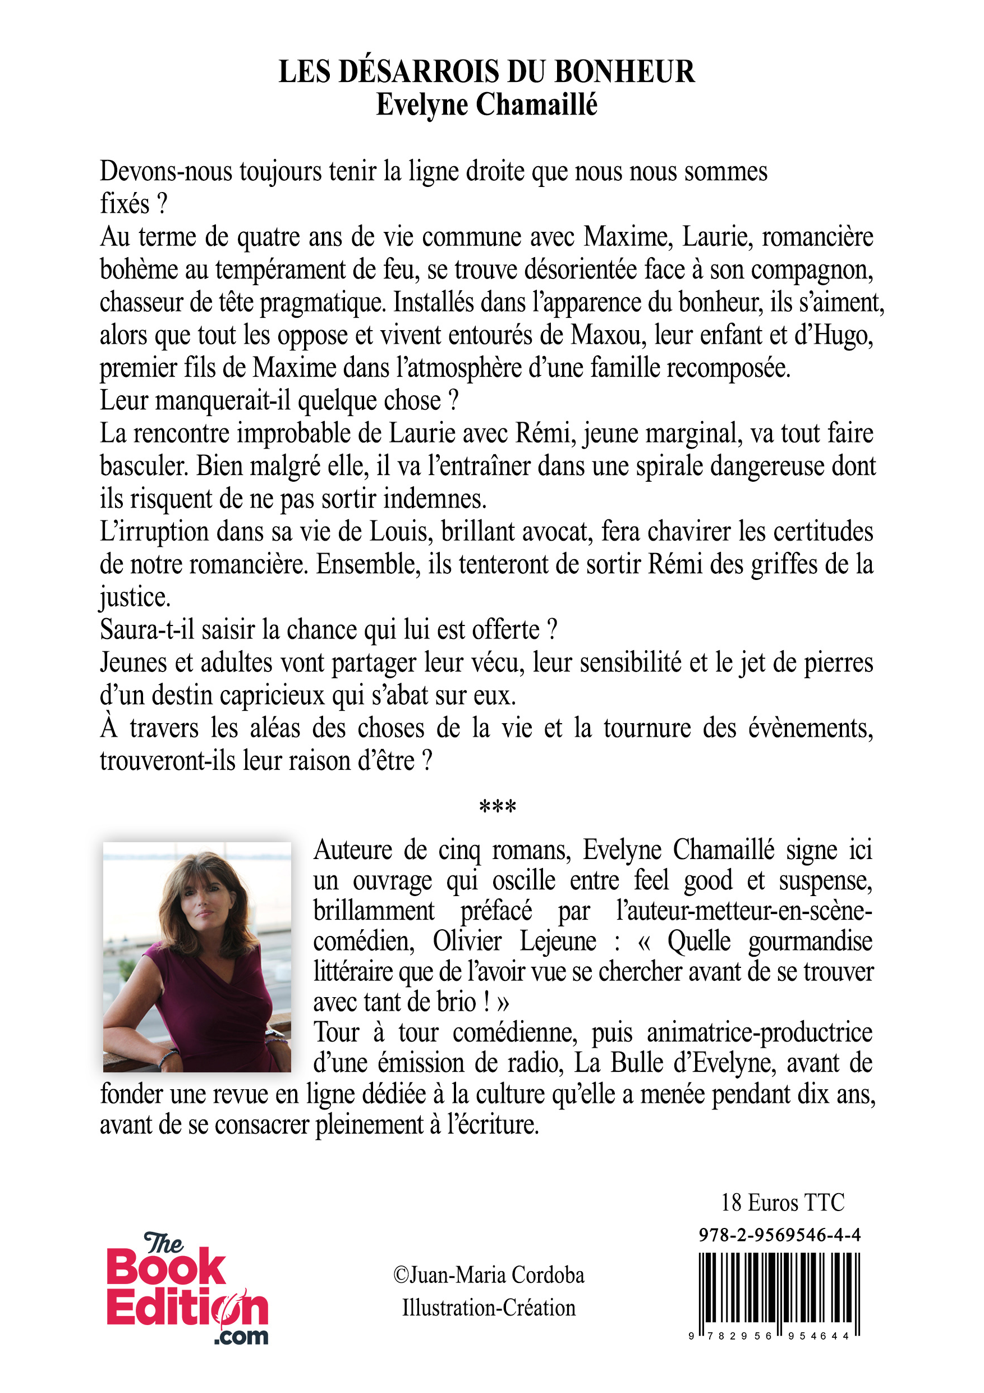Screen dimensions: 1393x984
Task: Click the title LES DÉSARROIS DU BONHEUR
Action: [486, 72]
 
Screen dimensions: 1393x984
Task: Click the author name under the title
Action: [486, 105]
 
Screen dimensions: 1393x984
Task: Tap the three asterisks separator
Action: [497, 807]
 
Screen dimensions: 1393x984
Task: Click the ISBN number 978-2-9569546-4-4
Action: [779, 1234]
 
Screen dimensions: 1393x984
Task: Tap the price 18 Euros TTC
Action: [782, 1202]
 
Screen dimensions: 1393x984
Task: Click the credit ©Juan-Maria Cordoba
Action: [489, 1275]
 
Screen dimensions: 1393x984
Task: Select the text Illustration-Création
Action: [489, 1308]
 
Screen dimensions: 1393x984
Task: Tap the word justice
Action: [135, 597]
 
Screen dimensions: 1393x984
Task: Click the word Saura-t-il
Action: [147, 630]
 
